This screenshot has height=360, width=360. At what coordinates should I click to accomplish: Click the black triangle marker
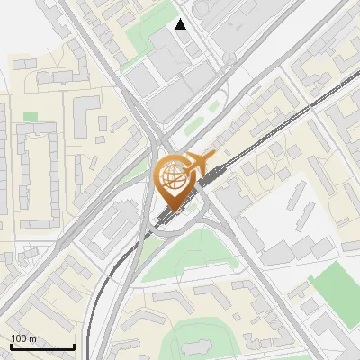coord(181,24)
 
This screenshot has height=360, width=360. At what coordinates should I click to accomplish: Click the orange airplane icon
coord(199,163)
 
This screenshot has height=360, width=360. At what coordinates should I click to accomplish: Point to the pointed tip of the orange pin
coord(175,212)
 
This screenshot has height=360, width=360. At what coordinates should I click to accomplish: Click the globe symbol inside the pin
coord(175,177)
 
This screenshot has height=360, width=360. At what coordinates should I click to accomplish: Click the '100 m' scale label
coord(24,338)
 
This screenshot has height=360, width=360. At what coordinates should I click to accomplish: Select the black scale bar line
coord(42,346)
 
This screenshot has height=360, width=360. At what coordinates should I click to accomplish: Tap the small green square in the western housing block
coord(31,116)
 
